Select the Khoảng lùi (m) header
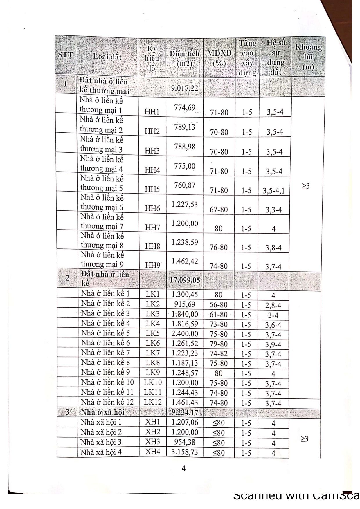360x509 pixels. click(x=308, y=57)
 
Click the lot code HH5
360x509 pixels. click(x=152, y=189)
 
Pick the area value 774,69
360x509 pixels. click(x=185, y=108)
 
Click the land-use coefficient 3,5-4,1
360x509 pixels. click(x=274, y=191)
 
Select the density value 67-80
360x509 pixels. click(x=219, y=210)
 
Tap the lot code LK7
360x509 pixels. click(x=153, y=353)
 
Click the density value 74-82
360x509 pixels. click(x=219, y=354)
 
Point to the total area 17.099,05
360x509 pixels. click(x=185, y=280)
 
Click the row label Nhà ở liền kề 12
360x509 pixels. click(x=107, y=402)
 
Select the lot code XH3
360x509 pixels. click(x=153, y=442)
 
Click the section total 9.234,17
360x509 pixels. click(x=185, y=412)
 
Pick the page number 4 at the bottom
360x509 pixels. click(x=183, y=468)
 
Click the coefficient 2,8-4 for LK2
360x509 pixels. click(x=273, y=305)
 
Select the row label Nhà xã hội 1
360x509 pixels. click(x=101, y=422)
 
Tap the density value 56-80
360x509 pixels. click(x=219, y=305)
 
